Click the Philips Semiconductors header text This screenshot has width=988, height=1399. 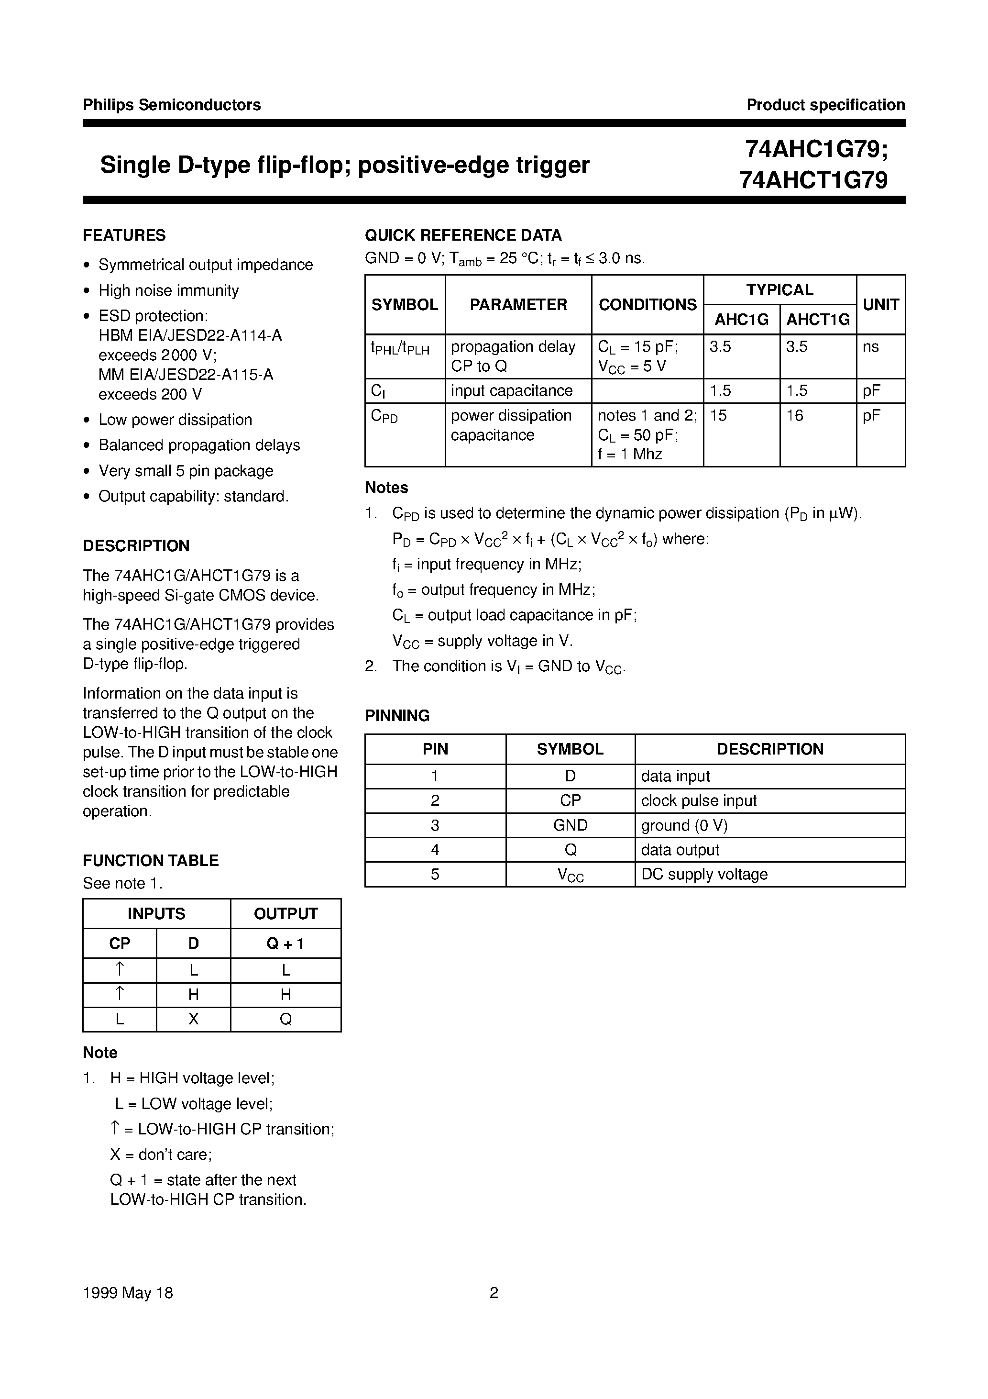click(x=172, y=105)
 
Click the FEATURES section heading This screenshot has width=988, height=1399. click(x=124, y=235)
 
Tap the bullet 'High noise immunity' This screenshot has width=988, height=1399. click(x=168, y=290)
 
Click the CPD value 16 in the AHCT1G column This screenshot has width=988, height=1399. click(x=794, y=416)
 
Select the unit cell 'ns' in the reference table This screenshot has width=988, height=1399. click(x=870, y=347)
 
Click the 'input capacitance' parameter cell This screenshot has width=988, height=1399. click(x=511, y=390)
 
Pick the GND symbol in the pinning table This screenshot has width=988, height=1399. click(x=570, y=825)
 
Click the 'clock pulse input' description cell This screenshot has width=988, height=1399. click(x=699, y=800)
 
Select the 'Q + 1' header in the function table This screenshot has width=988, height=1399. click(x=285, y=944)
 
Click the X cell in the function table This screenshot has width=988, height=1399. click(x=193, y=1020)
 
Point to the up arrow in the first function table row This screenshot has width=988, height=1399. click(x=120, y=969)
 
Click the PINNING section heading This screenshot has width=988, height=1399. click(x=397, y=715)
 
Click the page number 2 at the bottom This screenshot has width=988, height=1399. click(x=494, y=1292)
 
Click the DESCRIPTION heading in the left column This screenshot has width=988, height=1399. click(x=136, y=546)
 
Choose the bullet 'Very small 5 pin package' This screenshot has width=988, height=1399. click(x=185, y=471)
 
